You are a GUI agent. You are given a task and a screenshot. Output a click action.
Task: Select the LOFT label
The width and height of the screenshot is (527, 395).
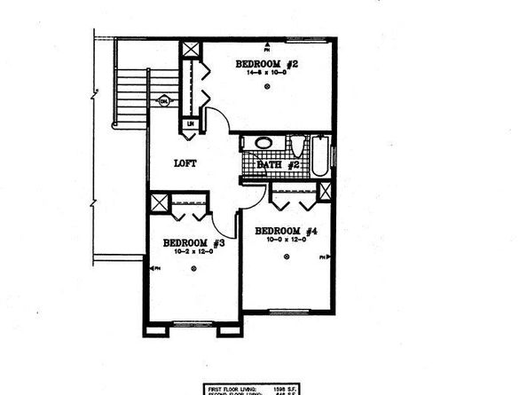[x=185, y=162]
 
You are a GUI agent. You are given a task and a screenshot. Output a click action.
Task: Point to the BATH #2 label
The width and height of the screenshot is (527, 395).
[x=274, y=164]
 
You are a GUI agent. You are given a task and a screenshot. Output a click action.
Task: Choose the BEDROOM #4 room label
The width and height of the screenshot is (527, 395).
[x=286, y=231]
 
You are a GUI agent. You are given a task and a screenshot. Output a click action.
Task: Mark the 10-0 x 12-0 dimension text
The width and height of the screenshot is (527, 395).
[x=286, y=241]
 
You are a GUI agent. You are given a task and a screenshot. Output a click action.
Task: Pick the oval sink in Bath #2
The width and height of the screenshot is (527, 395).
[x=264, y=143]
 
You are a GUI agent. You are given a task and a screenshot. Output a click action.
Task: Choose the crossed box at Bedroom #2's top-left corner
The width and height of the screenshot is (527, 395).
[x=191, y=51]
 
